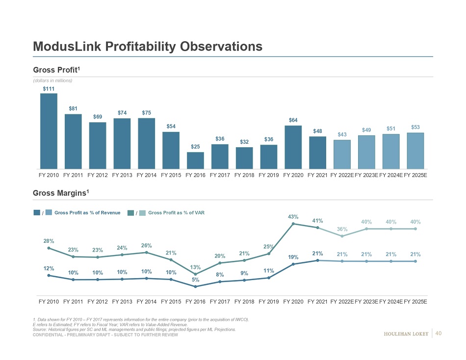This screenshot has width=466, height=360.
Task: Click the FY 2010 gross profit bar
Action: tap(49, 131)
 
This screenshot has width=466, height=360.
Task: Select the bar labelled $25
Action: tap(195, 160)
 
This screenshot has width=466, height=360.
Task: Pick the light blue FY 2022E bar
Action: tap(342, 154)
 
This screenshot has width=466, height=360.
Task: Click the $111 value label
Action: tap(49, 88)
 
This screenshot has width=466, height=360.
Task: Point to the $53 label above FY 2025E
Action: tap(415, 128)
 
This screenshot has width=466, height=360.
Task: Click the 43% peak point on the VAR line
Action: tap(293, 224)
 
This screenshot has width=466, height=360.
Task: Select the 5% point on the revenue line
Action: tap(195, 286)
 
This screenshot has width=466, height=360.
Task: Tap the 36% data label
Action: tap(342, 229)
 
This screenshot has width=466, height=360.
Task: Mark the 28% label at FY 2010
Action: tap(49, 241)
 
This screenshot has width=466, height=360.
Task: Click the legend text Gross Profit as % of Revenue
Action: tap(87, 212)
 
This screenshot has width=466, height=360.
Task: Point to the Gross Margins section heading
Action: tap(61, 193)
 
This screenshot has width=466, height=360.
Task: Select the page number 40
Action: tap(439, 334)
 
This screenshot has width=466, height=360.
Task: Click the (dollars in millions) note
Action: tap(52, 80)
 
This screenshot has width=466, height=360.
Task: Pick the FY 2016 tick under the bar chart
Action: tap(195, 174)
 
